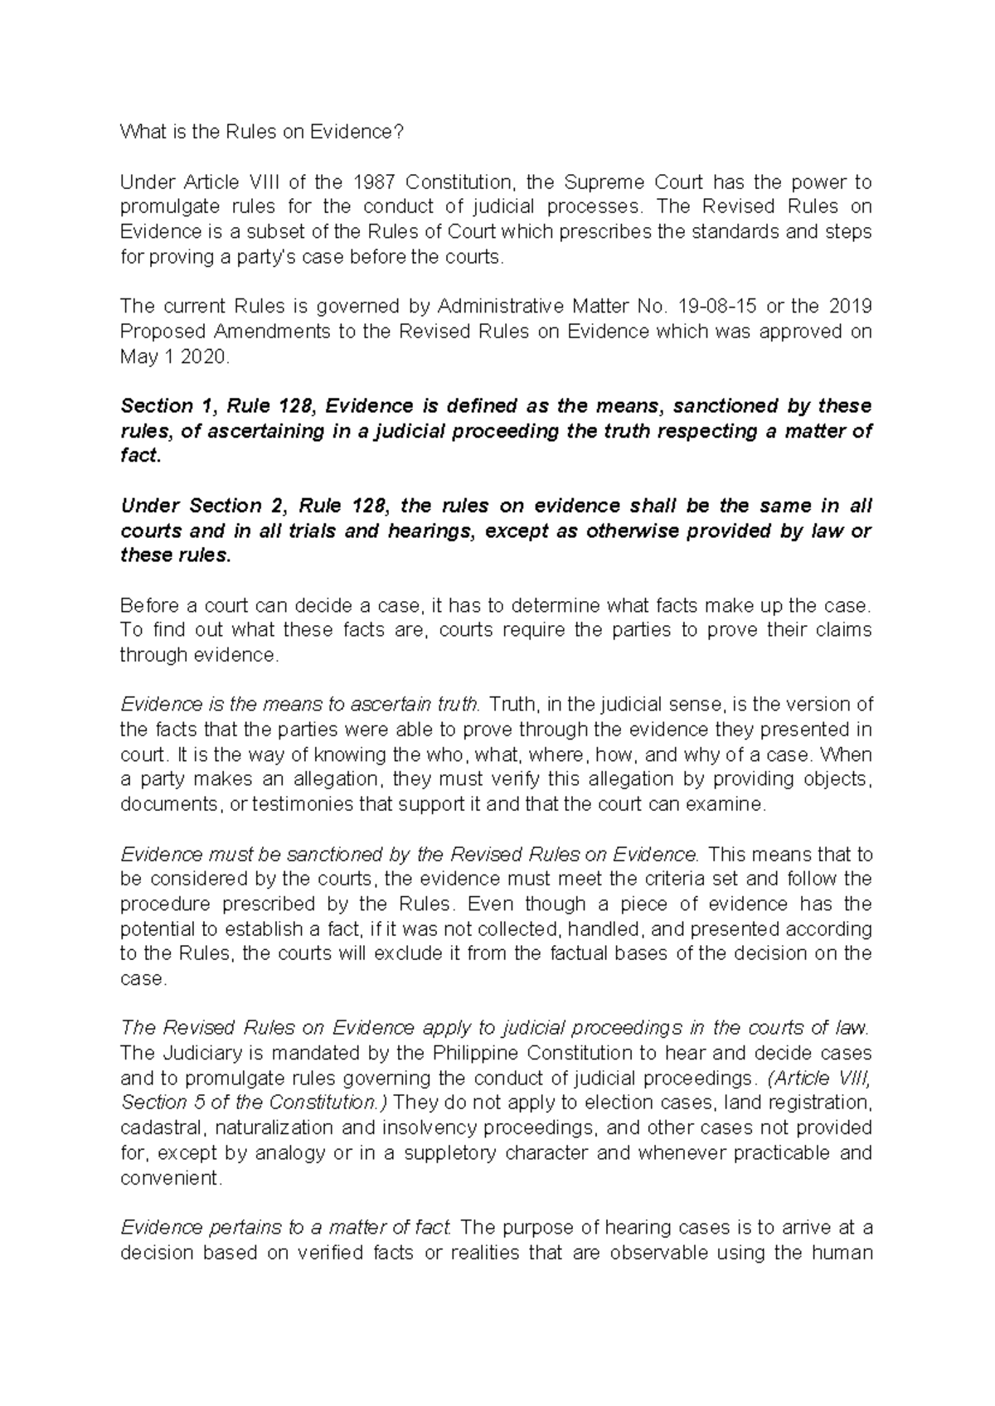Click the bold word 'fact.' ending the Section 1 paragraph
click(139, 456)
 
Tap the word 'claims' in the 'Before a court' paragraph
click(841, 630)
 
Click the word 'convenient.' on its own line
click(172, 1178)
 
